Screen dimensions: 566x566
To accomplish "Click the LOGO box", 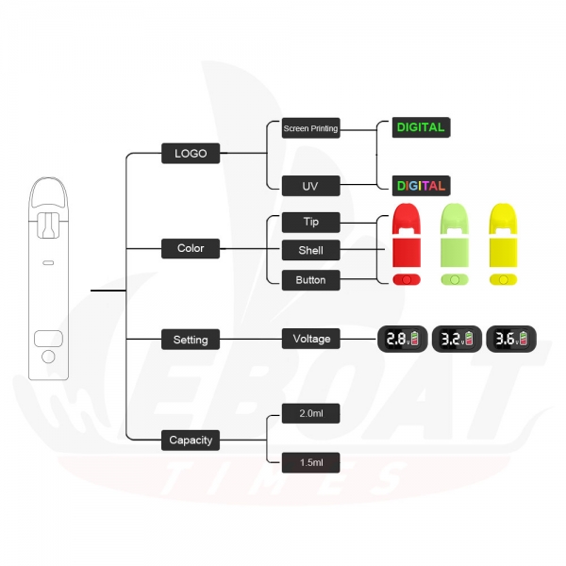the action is tap(191, 154).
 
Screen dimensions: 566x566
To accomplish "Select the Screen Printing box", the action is tap(310, 128).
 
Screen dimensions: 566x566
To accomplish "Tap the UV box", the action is tap(310, 186).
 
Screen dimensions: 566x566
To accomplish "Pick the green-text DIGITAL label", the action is tap(422, 127).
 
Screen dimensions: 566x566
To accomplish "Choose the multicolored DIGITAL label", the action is tap(422, 186).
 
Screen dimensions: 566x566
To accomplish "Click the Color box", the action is tap(191, 248).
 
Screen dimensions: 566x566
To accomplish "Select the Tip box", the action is tap(310, 223).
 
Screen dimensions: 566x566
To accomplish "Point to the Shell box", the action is tap(310, 250).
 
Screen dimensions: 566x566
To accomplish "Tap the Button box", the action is tap(310, 280).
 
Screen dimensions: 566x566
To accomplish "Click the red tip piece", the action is tap(407, 217).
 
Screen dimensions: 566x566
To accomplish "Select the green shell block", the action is tap(455, 252).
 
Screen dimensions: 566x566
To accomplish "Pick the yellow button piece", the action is tap(503, 280).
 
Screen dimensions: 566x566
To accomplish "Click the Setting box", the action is tap(191, 340).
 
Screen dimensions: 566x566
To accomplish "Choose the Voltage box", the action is tap(310, 339).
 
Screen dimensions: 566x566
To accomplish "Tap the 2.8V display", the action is tap(403, 339).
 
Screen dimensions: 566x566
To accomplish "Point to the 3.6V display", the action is tap(511, 339).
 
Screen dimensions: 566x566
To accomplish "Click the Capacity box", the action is tap(191, 440).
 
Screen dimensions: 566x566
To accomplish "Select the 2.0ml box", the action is tap(310, 413).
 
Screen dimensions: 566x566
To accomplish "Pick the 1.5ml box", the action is tap(310, 462).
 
